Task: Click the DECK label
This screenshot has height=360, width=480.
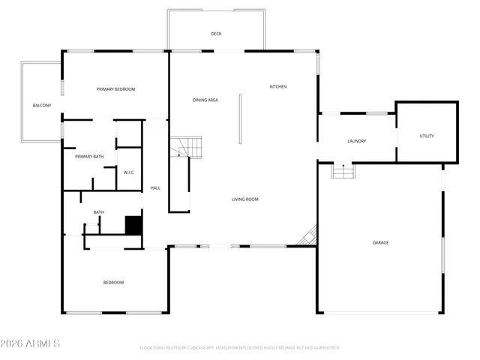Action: (x=216, y=34)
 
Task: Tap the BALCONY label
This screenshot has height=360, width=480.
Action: (x=42, y=106)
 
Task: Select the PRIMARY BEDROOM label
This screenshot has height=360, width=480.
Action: (x=115, y=89)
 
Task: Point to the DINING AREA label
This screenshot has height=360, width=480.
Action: (x=205, y=100)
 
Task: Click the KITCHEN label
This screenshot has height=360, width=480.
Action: (x=278, y=86)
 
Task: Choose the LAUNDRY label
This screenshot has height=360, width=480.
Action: (x=356, y=141)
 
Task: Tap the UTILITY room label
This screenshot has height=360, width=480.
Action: (x=426, y=136)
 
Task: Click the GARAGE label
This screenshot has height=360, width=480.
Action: (x=381, y=242)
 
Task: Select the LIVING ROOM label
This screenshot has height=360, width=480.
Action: (x=244, y=199)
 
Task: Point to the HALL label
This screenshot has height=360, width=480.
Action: (x=155, y=187)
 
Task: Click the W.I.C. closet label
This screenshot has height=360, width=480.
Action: (x=128, y=172)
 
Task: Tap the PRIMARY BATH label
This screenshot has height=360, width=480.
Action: (x=89, y=156)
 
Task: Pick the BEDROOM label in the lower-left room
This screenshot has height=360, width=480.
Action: (x=113, y=282)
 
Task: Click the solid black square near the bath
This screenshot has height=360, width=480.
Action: (x=133, y=226)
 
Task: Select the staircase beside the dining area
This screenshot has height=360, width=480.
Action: (x=187, y=148)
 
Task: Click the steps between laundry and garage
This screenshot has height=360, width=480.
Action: (x=343, y=172)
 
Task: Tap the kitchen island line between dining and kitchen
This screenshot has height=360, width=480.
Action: (x=240, y=118)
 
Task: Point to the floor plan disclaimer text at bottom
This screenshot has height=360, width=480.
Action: (x=239, y=348)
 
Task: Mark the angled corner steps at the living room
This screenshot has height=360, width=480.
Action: (x=307, y=238)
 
